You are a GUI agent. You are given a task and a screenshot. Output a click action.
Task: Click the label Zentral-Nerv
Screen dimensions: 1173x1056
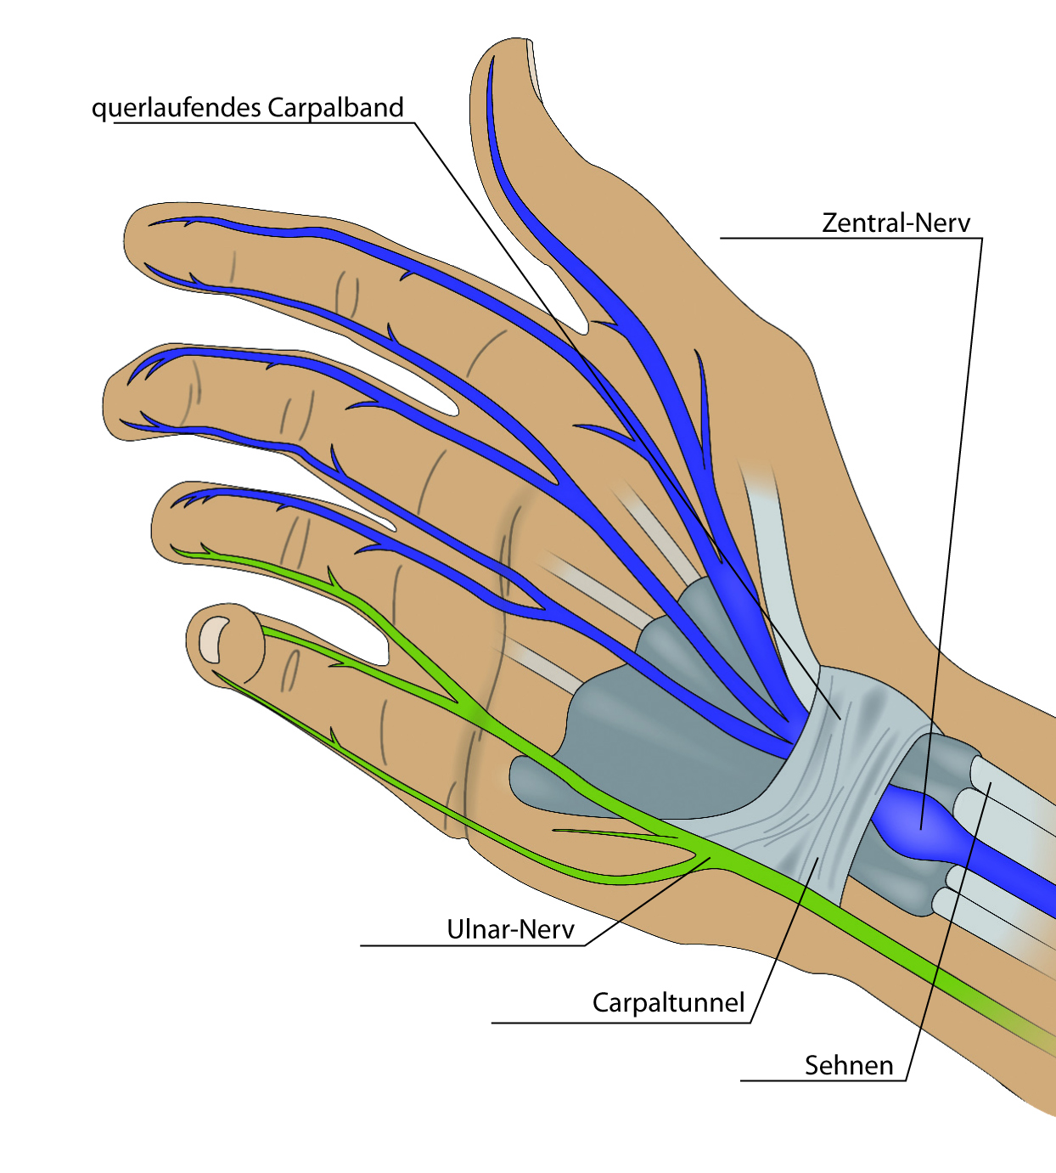[x=896, y=223]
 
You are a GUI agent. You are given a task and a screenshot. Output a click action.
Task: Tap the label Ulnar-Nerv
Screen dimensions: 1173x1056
[x=510, y=929]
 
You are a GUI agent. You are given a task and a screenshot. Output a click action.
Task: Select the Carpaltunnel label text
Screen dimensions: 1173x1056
[x=668, y=1002]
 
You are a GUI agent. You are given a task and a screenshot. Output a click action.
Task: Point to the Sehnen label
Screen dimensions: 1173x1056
[x=849, y=1065]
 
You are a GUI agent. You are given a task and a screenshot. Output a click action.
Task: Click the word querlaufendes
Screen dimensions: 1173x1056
[x=176, y=108]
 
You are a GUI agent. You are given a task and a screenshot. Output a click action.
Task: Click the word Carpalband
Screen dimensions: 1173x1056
[x=335, y=108]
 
